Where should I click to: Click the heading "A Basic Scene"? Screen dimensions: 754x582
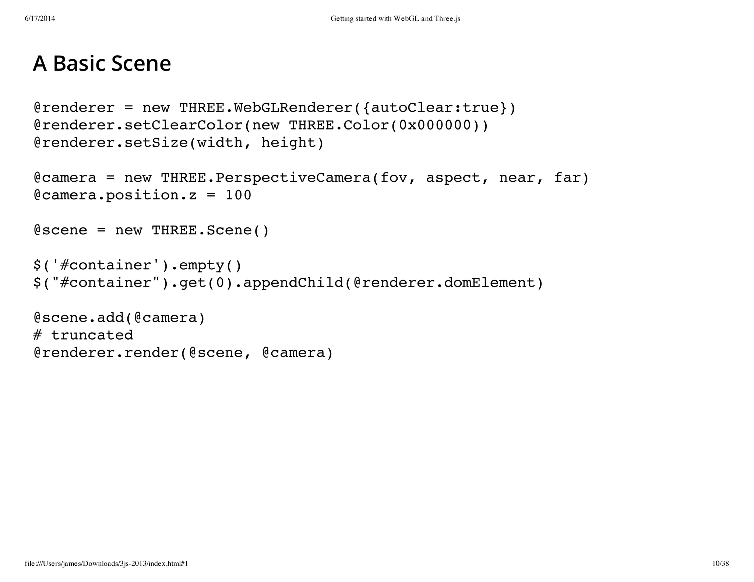coord(102,63)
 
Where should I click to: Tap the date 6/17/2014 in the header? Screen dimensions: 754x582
coord(40,18)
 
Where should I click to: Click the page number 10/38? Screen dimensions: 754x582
coord(720,563)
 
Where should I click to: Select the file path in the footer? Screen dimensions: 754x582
coord(106,563)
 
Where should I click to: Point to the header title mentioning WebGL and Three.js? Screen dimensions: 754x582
coord(395,18)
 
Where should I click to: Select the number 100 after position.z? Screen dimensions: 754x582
coord(238,195)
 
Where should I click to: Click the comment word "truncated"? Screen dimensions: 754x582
coord(92,335)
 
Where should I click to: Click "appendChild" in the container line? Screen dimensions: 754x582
coord(293,283)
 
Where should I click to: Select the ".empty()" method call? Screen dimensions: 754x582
coord(206,265)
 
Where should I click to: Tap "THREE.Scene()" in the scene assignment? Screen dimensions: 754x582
coord(211,230)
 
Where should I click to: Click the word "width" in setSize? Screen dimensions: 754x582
coord(220,143)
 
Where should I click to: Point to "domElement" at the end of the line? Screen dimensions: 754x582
coord(490,283)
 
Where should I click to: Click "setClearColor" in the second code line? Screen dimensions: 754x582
coord(183,125)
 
